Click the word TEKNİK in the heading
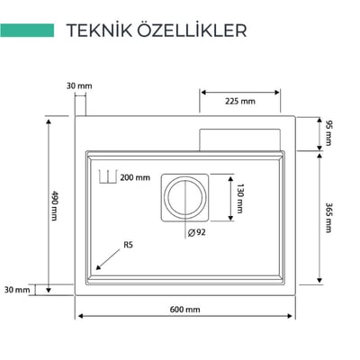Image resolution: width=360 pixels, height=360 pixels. tap(99, 31)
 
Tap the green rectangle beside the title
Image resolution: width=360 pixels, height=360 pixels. tap(27, 31)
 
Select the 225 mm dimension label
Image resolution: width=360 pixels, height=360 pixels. tap(240, 102)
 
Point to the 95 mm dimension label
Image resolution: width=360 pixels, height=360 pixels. tap(329, 133)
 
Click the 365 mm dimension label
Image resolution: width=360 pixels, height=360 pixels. tap(328, 218)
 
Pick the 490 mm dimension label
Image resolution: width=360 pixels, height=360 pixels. tap(54, 205)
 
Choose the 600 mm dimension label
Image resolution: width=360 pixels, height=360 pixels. tap(184, 310)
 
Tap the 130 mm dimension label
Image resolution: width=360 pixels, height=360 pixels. tap(239, 198)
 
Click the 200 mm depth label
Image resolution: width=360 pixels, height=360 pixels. tap(135, 177)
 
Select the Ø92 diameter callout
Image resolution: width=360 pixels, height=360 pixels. tap(197, 232)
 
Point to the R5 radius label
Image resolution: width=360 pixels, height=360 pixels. tap(128, 245)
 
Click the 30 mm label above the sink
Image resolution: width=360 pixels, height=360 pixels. tap(79, 86)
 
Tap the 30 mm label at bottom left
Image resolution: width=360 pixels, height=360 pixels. tap(17, 290)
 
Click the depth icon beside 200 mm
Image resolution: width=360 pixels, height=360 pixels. tap(107, 176)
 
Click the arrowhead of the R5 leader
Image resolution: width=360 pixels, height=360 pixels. tap(98, 267)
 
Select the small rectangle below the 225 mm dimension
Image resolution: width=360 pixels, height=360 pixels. tap(240, 140)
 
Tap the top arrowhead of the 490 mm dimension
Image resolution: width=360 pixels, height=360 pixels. tap(48, 121)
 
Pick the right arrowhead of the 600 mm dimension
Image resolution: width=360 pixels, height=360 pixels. tap(290, 316)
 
